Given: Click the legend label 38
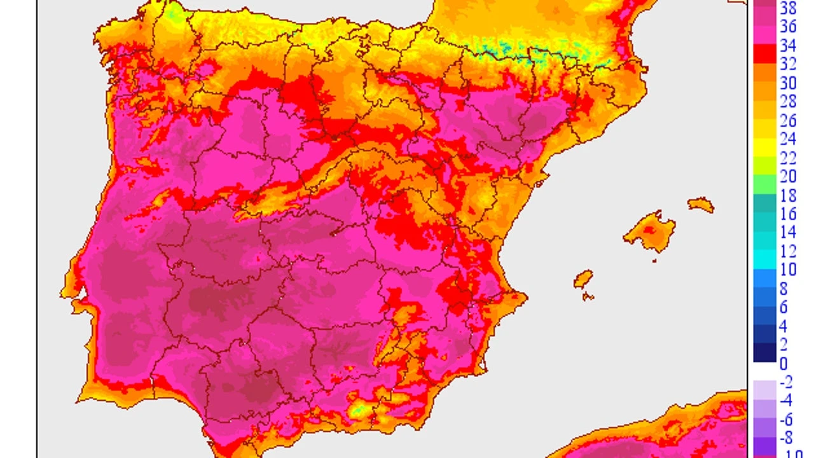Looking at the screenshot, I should [x=788, y=8].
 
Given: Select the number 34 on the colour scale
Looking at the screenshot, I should [x=788, y=45].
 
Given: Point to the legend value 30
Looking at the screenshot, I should [x=788, y=83].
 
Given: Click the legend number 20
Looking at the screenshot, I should [x=788, y=176].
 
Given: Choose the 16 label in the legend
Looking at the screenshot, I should [x=788, y=214].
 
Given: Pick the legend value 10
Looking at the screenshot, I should [x=788, y=270].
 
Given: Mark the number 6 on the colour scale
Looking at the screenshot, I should [x=783, y=307].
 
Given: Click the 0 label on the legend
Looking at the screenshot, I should [x=783, y=363].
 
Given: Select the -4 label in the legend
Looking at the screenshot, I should [x=786, y=401].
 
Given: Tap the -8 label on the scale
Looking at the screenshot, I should [x=786, y=438].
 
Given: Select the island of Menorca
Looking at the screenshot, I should [x=700, y=205].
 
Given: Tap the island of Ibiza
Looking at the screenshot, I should [x=583, y=279].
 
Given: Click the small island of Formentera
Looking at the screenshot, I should [x=588, y=296].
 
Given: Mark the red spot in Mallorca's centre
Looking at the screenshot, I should [x=649, y=230].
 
